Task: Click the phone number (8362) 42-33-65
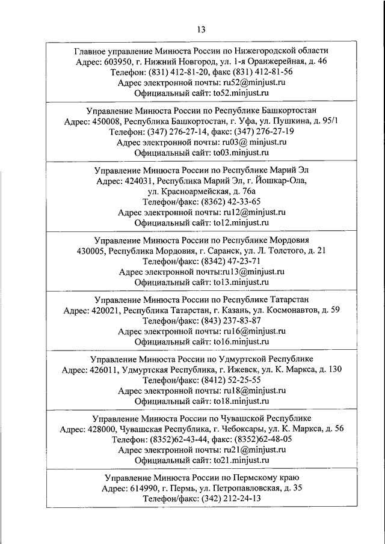(x=226, y=201)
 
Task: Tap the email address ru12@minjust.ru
(x=253, y=212)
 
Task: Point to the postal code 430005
(x=93, y=250)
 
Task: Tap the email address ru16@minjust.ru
(x=253, y=331)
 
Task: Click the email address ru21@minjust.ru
(x=253, y=450)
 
